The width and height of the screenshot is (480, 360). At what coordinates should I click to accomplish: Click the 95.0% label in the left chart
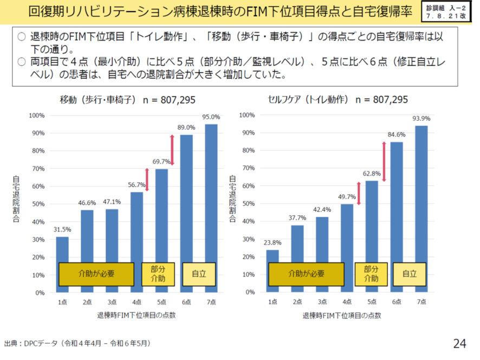[x=211, y=117]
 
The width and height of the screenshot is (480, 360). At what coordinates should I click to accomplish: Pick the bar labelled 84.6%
[x=397, y=217]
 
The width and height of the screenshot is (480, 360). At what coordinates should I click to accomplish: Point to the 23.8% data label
[x=273, y=242]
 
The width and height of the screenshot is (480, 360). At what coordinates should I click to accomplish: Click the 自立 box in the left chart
[x=198, y=274]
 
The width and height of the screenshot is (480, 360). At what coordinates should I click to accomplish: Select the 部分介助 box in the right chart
[x=371, y=274]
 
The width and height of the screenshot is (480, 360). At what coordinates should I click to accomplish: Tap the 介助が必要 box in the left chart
[x=96, y=274]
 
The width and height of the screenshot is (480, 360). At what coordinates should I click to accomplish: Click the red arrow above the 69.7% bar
[x=172, y=150]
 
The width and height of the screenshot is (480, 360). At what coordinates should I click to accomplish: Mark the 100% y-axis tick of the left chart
[x=37, y=115]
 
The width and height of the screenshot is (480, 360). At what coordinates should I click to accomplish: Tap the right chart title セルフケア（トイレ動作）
[x=308, y=100]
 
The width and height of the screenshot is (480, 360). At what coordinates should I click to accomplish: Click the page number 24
[x=459, y=343]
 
